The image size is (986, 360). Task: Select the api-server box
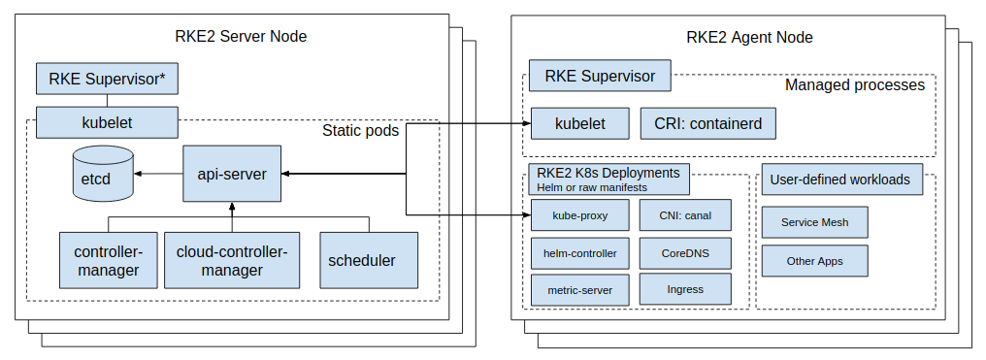[232, 174]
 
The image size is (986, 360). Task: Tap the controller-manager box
[107, 260]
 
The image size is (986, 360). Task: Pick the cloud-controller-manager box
[232, 260]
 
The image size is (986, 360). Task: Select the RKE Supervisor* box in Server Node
[107, 79]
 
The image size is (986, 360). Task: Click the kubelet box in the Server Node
[107, 123]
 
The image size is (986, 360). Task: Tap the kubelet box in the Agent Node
[579, 124]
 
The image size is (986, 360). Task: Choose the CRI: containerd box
[708, 124]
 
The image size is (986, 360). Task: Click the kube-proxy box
[579, 214]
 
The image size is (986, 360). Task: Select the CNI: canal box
[685, 214]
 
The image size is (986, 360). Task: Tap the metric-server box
[579, 289]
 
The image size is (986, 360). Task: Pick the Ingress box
[685, 289]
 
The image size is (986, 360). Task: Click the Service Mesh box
[814, 222]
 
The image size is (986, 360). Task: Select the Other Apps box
[814, 261]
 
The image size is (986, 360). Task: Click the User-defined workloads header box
[840, 180]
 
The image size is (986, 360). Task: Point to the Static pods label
[360, 130]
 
